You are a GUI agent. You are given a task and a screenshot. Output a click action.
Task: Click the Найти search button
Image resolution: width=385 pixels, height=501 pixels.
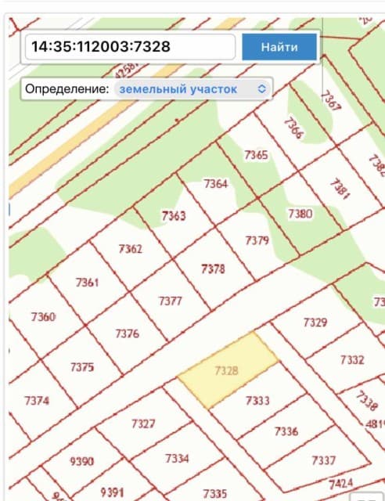(279, 47)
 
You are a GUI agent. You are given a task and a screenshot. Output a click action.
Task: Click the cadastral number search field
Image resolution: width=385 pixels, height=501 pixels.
(130, 47)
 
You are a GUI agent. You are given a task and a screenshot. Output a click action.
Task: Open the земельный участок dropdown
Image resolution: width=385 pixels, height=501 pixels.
(192, 89)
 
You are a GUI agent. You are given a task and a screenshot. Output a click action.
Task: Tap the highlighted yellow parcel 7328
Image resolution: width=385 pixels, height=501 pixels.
(226, 370)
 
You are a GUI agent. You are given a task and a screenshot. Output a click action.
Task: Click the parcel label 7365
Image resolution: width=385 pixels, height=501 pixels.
(256, 155)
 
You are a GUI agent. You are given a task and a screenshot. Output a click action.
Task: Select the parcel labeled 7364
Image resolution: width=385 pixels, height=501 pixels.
(215, 184)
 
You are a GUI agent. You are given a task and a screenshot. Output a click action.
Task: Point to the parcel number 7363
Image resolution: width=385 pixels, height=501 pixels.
(173, 215)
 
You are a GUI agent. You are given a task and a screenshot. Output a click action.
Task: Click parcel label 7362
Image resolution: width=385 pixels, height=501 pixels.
(130, 249)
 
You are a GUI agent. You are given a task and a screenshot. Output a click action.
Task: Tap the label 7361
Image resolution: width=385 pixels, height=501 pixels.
(87, 282)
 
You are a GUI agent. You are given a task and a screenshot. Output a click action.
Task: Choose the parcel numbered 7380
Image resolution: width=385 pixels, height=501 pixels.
(300, 213)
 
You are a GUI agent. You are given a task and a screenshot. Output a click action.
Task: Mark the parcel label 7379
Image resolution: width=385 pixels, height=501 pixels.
(257, 240)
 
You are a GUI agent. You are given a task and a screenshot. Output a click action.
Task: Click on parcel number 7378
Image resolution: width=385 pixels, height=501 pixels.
(213, 269)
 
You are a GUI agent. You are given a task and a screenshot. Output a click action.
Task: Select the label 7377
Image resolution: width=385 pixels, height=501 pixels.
(170, 301)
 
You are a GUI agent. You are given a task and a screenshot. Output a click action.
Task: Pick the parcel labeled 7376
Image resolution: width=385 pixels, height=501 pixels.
(127, 333)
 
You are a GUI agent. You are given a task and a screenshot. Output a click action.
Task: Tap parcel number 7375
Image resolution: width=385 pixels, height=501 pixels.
(81, 366)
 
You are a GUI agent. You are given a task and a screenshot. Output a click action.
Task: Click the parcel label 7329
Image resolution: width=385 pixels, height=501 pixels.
(315, 322)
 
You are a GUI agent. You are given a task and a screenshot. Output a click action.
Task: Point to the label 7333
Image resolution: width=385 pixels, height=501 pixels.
(257, 401)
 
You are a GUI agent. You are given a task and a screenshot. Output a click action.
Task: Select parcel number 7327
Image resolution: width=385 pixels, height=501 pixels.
(143, 424)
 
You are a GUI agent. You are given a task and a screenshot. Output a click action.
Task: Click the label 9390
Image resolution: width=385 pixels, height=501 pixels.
(81, 461)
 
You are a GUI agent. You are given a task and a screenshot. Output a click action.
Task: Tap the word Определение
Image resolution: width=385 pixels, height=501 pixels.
(67, 89)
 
